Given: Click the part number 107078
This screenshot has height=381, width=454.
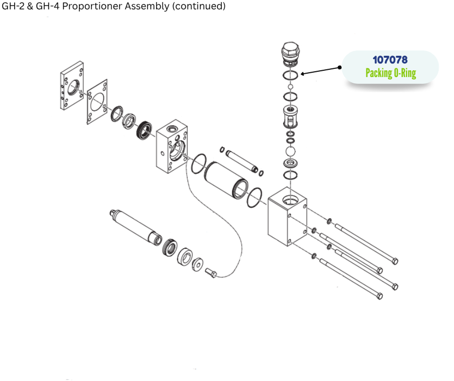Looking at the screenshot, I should coord(390,60).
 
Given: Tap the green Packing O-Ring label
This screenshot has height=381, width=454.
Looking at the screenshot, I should coord(391,73).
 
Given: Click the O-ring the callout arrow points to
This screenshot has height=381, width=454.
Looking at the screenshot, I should coord(290,75).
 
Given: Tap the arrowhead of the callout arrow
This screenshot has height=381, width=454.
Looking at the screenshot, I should coord(302,74).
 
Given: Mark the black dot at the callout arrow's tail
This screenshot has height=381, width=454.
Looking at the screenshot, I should coord(340,67).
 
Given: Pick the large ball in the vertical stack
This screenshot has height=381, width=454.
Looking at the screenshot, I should coord(290,152).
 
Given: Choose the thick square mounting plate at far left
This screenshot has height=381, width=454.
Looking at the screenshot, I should coord(72,85).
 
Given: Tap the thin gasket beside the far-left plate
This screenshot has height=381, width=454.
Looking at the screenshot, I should coord(97,102).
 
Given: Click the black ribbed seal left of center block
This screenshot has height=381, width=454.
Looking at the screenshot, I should coord(144,130).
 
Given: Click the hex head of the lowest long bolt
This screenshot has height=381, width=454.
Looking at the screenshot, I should coord(379,296).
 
